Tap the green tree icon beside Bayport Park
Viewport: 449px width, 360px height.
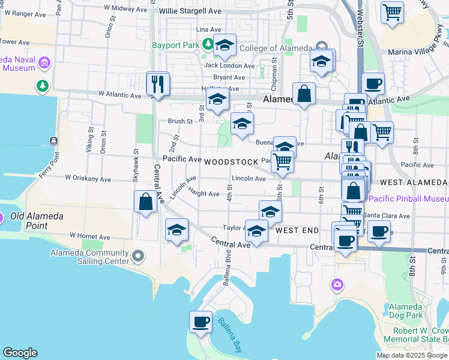click(207, 43)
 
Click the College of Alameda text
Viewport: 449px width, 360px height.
click(276, 49)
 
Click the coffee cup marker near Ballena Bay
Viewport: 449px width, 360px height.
click(200, 322)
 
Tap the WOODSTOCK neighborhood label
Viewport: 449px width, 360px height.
click(231, 163)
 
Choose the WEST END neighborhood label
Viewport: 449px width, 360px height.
click(297, 230)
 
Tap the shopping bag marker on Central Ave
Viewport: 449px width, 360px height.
click(145, 202)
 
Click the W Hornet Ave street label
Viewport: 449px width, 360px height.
click(91, 236)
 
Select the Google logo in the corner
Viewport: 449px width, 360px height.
click(20, 353)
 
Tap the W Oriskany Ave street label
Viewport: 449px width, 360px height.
click(88, 179)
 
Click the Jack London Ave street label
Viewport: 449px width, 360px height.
click(229, 66)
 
